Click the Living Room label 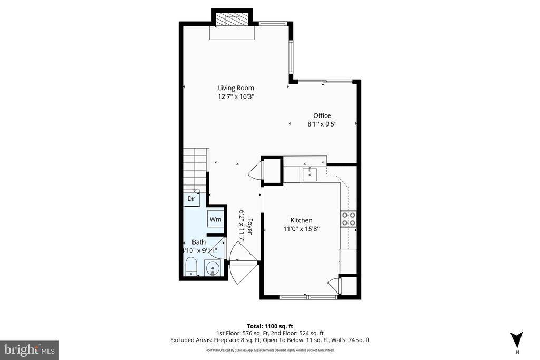click(236, 88)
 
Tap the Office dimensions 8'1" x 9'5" click(322, 124)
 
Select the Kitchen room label click(301, 220)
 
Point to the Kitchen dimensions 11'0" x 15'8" click(301, 229)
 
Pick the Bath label click(198, 242)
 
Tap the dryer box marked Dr click(191, 199)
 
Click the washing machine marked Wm click(215, 219)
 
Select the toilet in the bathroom click(191, 267)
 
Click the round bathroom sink click(213, 268)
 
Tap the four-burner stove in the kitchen click(349, 218)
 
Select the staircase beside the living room click(195, 169)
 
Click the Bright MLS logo click(29, 350)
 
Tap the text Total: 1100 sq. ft click(269, 325)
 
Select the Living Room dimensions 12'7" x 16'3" click(236, 96)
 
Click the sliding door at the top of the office click(325, 81)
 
